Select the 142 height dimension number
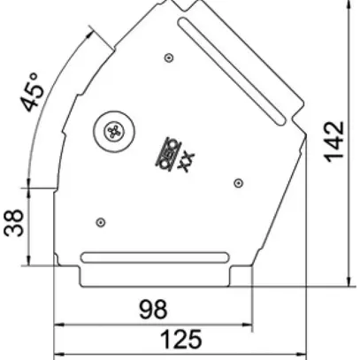[335, 142]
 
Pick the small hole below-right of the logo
[237, 182]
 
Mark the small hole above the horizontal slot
[103, 220]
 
